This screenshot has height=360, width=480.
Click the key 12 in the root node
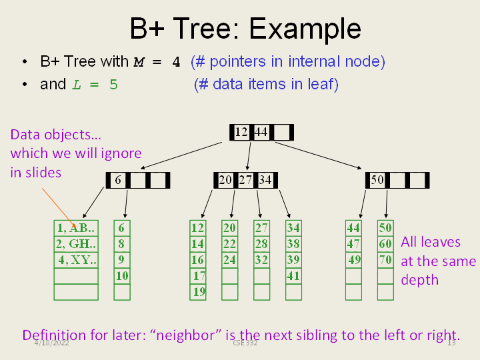pos(241,132)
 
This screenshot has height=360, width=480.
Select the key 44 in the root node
pos(261,132)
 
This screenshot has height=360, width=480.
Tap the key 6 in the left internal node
pos(118,180)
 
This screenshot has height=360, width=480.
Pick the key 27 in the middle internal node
pos(245,180)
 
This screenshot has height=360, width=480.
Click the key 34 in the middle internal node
pos(265,180)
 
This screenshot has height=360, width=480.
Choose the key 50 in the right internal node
pos(377,180)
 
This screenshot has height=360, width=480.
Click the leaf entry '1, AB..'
pos(75,227)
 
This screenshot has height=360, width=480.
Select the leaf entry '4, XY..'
pos(76,259)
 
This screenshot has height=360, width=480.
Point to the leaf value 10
pos(122,275)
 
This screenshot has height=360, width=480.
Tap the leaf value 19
pos(199,291)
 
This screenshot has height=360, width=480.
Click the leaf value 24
pos(229,259)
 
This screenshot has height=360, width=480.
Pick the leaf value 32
pos(261,259)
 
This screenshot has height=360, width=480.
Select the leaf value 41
pos(293,275)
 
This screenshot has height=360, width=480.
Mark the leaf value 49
pos(354,259)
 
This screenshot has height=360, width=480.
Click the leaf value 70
pos(385,259)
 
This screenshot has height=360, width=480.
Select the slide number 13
pos(451,343)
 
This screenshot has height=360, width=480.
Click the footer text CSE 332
pos(245,343)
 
